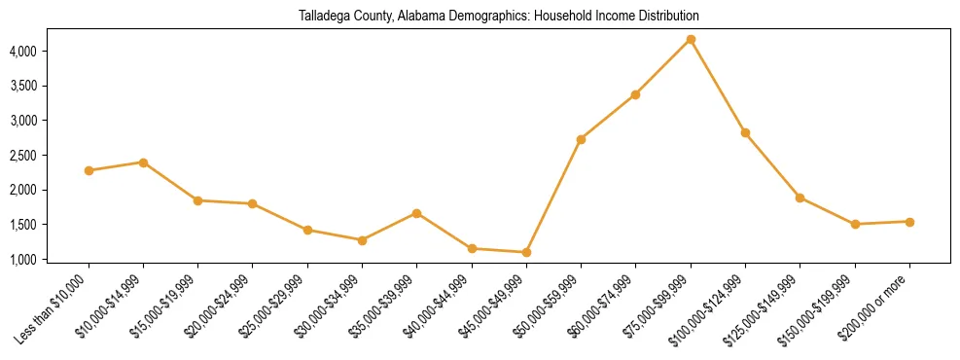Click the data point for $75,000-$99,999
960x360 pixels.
691,39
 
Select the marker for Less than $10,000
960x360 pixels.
89,170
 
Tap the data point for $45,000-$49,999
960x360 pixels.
526,253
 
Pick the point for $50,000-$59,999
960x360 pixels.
581,139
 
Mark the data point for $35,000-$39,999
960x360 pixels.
416,213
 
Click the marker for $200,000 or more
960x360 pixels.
909,222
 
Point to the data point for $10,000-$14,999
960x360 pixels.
143,162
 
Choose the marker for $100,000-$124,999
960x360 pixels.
745,132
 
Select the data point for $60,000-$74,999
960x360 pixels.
635,94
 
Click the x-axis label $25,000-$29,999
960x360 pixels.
276,304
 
